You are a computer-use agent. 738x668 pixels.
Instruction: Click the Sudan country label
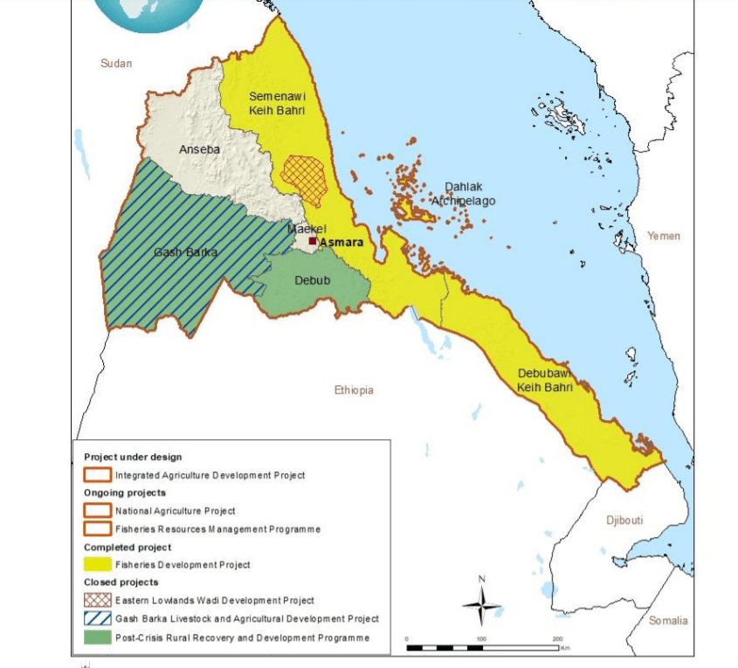point(116,63)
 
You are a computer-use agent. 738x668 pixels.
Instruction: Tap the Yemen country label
point(664,236)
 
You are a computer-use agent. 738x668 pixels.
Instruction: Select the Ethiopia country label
point(354,390)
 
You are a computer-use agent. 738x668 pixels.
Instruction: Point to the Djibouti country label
point(624,520)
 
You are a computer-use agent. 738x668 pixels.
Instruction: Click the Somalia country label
point(668,620)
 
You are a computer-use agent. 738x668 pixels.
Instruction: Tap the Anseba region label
point(199,149)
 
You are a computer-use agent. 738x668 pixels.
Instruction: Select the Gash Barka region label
point(185,252)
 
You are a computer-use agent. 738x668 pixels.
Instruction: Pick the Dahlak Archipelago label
point(463,194)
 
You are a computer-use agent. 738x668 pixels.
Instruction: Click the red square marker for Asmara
point(313,241)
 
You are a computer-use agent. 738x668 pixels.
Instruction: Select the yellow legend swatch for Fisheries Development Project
point(97,564)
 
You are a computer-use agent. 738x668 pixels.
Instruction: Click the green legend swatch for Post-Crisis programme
point(97,637)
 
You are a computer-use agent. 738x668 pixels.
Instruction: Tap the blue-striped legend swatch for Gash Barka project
point(97,618)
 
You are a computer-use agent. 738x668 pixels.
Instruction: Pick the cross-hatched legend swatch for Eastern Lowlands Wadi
point(97,600)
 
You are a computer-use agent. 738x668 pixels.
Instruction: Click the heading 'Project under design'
point(133,457)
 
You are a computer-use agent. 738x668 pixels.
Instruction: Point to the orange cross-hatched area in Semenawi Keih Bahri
point(305,180)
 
